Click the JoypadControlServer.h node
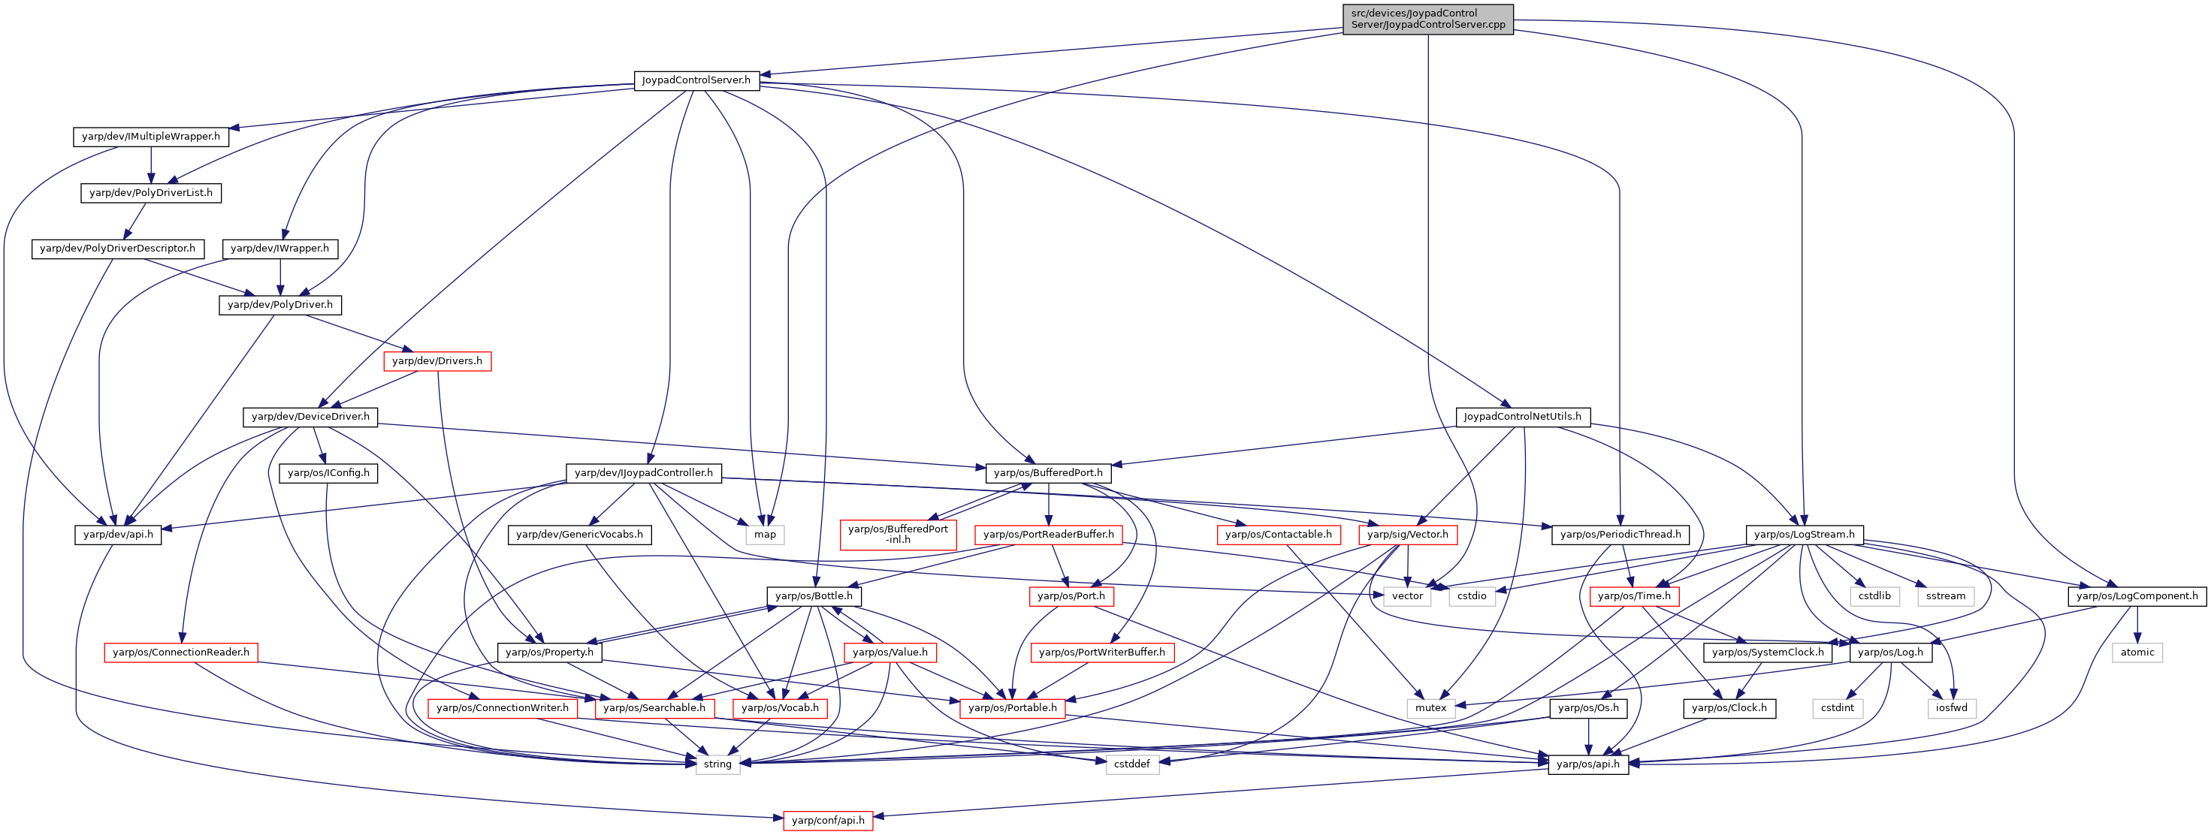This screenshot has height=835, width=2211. pos(696,80)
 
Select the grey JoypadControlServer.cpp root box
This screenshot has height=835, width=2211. pos(1428,19)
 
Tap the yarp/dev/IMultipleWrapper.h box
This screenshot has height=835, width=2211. pos(151,137)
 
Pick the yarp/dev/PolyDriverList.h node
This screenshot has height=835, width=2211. pos(151,192)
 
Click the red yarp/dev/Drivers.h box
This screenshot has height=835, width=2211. pos(437,360)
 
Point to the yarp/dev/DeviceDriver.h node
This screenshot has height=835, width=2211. pos(311,416)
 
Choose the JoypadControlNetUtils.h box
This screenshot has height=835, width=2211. pos(1523,416)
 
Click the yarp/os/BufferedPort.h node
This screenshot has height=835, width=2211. pos(1048,473)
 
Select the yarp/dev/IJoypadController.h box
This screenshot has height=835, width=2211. pos(644,473)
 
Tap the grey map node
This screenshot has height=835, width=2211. pos(765,535)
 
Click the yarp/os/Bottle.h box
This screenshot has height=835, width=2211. pos(814,595)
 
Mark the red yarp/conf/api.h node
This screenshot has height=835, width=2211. pos(828,821)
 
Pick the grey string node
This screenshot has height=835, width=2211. pos(717,764)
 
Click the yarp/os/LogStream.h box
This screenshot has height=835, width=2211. pos(1804,535)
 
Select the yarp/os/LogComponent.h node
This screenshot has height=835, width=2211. pos(2137,595)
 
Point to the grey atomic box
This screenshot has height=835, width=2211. pos(2137,653)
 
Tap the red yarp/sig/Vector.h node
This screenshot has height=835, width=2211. pos(1408,535)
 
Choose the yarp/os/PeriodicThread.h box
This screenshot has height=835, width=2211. pos(1620,535)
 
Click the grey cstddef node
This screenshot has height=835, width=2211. pos(1132,764)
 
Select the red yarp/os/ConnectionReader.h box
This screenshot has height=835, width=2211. pos(181,653)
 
